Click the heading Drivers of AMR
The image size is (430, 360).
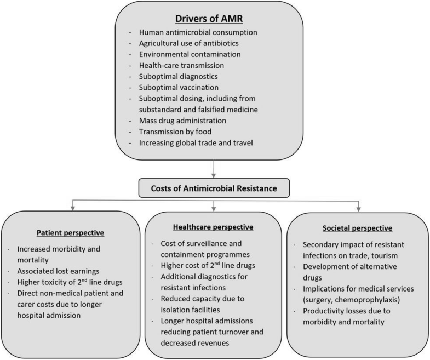point(214,18)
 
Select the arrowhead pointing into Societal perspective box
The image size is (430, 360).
point(358,208)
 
